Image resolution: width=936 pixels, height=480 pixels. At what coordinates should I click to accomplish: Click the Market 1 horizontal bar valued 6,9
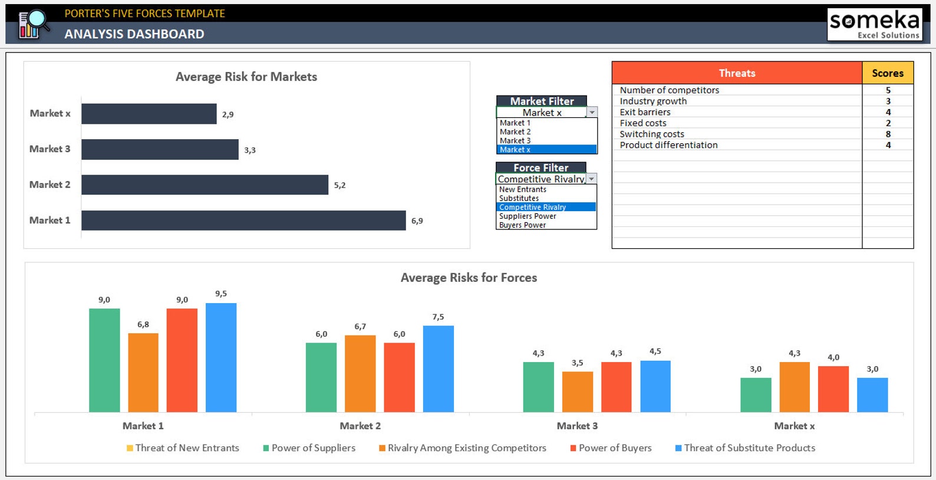[243, 221]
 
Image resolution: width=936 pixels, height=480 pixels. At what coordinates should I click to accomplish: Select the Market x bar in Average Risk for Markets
[149, 114]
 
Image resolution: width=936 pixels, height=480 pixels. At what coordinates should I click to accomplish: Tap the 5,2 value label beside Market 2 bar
[340, 185]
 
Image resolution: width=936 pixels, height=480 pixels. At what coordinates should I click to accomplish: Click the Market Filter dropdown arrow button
[592, 112]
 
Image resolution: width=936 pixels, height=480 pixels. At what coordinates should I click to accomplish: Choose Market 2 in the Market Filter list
[515, 132]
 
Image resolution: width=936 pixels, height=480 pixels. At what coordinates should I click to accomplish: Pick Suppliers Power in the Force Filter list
[528, 216]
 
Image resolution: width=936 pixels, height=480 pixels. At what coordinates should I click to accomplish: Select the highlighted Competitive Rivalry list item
[532, 207]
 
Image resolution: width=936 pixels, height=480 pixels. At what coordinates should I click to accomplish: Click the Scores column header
[887, 73]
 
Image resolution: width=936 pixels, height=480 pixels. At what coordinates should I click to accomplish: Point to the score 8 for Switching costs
[888, 134]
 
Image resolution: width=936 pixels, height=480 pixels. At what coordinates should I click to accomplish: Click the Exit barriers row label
[645, 112]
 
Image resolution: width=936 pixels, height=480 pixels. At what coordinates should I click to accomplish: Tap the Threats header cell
[737, 73]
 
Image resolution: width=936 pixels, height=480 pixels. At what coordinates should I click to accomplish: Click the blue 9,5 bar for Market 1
[221, 357]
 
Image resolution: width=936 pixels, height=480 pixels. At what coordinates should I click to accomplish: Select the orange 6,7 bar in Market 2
[360, 373]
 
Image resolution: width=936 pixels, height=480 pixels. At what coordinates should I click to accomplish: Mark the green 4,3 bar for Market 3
[538, 387]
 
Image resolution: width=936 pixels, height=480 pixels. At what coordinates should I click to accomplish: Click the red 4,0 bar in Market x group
[833, 389]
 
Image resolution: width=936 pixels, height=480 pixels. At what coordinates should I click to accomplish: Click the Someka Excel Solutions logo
[874, 24]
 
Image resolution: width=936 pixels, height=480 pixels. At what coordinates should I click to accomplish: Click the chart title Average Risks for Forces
[469, 278]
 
